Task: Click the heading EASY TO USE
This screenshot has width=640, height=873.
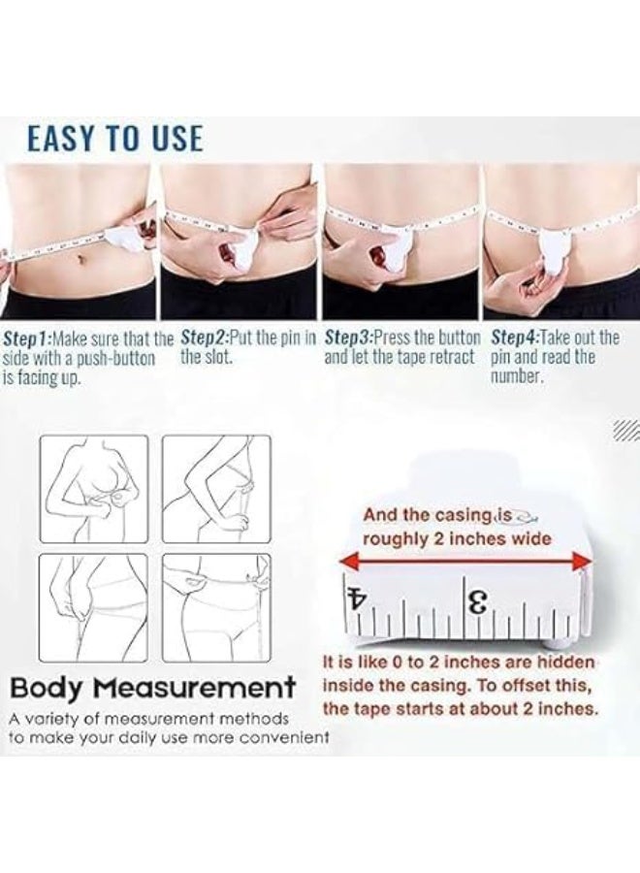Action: pyautogui.click(x=114, y=138)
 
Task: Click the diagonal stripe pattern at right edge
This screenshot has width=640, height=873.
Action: pyautogui.click(x=625, y=430)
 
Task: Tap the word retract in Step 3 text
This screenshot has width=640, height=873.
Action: pyautogui.click(x=452, y=357)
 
